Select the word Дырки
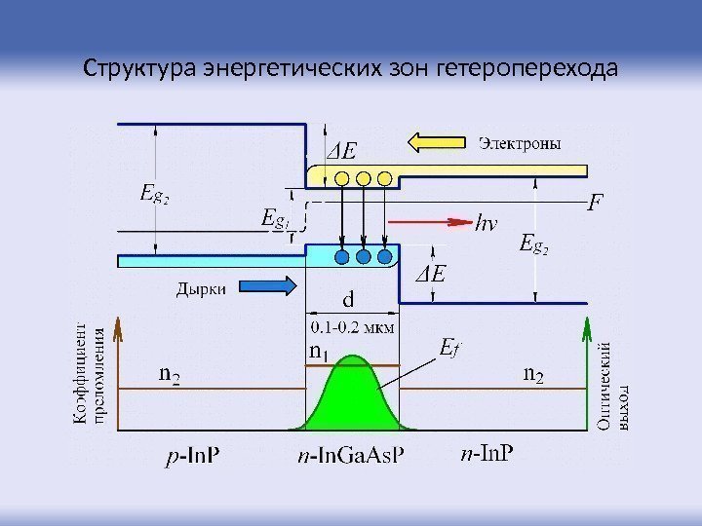point(202,287)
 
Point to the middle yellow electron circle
point(363,178)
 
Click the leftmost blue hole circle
point(342,256)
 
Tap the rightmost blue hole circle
point(384,256)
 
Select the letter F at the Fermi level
point(594,206)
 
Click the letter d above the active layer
point(348,299)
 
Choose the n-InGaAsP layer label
point(351,456)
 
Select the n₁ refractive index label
point(320,350)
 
